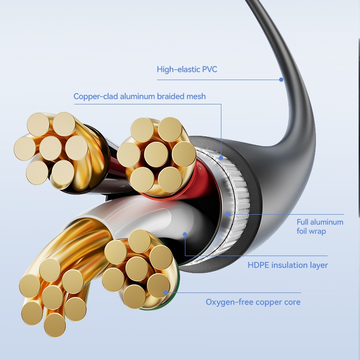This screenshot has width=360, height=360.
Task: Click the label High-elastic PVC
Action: click(187, 69)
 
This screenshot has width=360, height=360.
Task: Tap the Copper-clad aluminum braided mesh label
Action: click(139, 96)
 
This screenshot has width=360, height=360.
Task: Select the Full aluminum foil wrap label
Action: click(319, 226)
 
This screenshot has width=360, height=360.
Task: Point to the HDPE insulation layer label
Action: click(288, 265)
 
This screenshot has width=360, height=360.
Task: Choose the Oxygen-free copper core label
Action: click(253, 302)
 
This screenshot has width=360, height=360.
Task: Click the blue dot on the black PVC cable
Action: click(281, 80)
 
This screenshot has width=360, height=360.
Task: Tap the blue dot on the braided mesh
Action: click(221, 157)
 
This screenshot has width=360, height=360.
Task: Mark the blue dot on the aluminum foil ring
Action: click(228, 214)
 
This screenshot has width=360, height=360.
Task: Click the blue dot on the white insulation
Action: click(185, 234)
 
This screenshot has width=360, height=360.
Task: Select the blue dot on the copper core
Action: click(166, 292)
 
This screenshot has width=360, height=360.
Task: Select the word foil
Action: click(304, 231)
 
